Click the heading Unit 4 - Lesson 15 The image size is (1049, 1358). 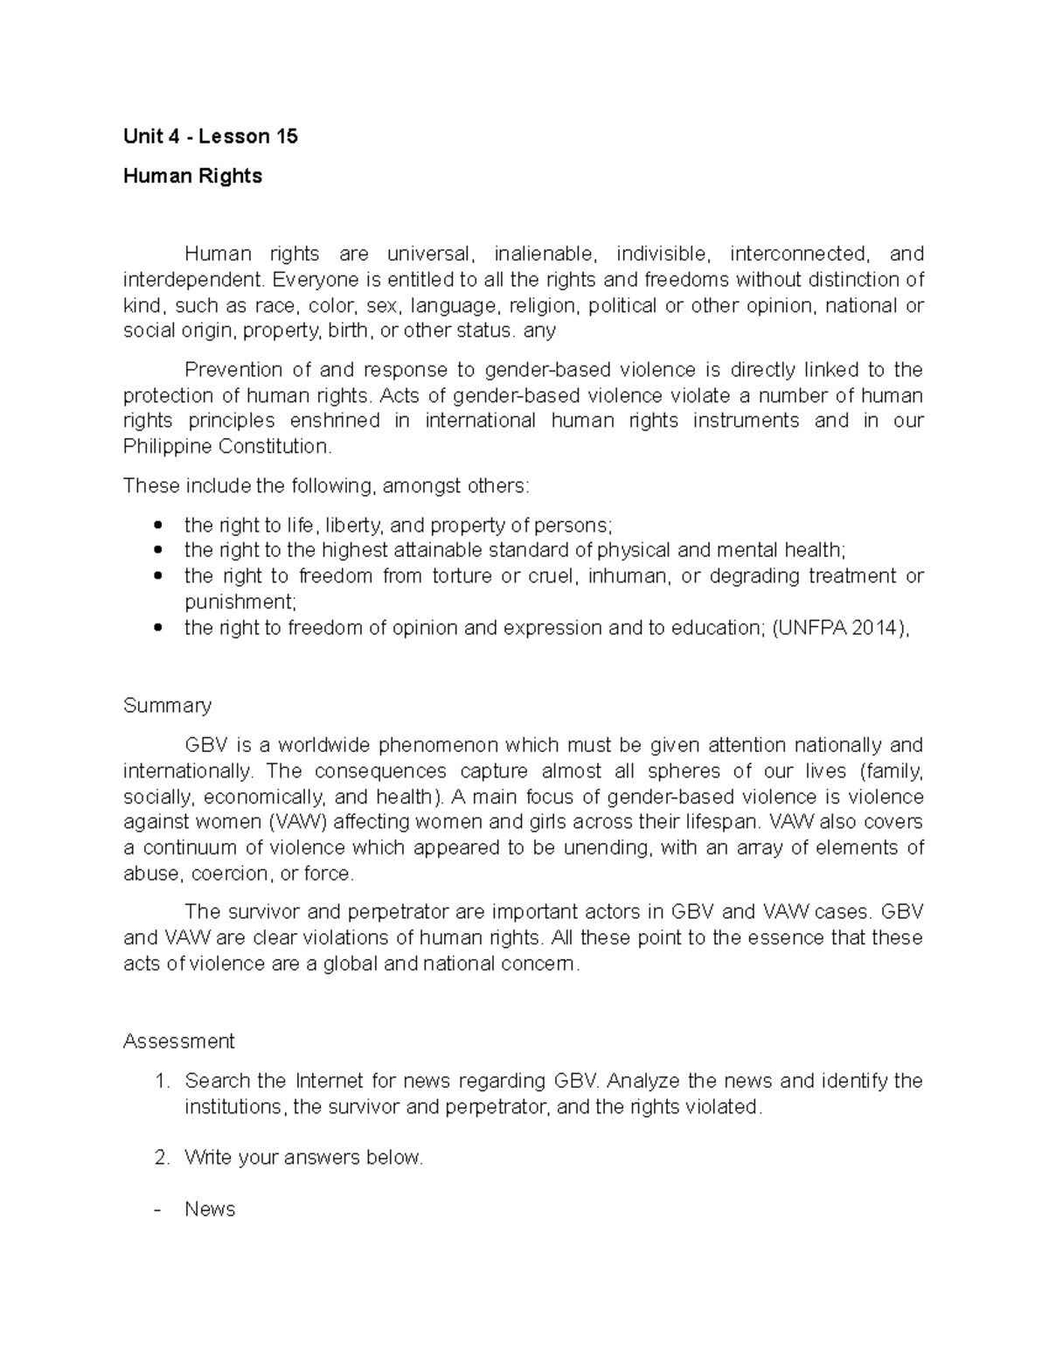pyautogui.click(x=210, y=136)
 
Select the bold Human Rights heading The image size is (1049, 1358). pyautogui.click(x=192, y=176)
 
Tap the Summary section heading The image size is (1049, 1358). pyautogui.click(x=167, y=706)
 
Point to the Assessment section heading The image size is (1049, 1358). pyautogui.click(x=178, y=1041)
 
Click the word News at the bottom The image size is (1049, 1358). pyautogui.click(x=210, y=1209)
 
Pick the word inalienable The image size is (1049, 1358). pyautogui.click(x=546, y=254)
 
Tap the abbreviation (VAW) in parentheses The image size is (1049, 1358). pyautogui.click(x=298, y=822)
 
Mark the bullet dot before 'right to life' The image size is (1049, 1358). pyautogui.click(x=157, y=526)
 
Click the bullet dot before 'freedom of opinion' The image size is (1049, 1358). pyautogui.click(x=157, y=628)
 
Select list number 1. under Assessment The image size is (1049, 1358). pyautogui.click(x=161, y=1081)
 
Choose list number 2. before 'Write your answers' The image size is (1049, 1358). pyautogui.click(x=161, y=1158)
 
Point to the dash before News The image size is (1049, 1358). pyautogui.click(x=157, y=1209)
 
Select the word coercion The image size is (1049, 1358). pyautogui.click(x=230, y=874)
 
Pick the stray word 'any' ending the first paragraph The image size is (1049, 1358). pyautogui.click(x=538, y=331)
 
